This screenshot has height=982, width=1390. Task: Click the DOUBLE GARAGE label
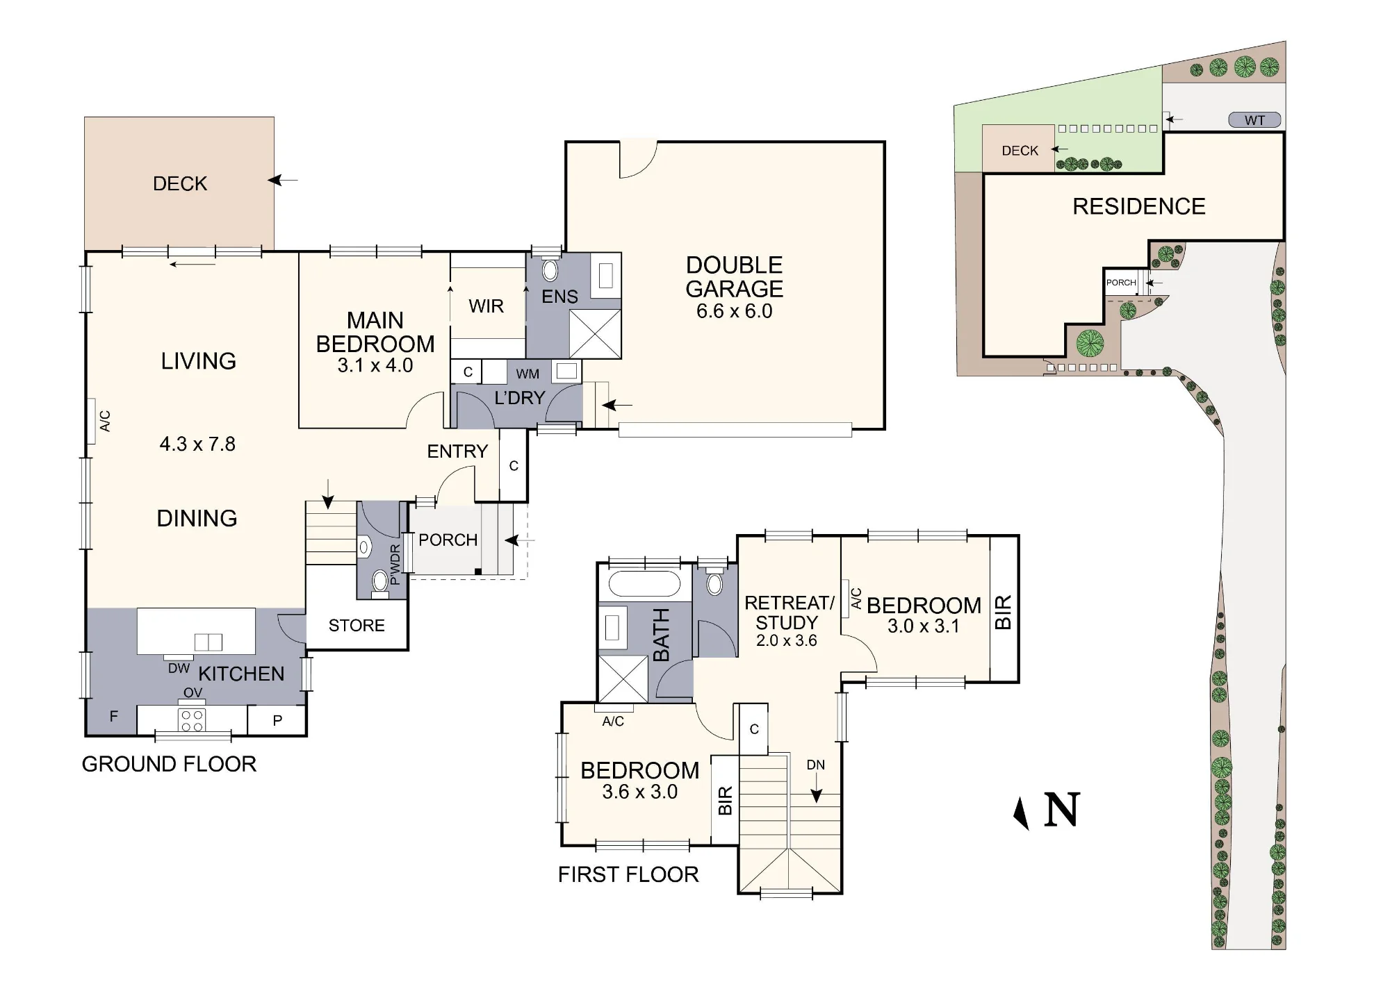735,276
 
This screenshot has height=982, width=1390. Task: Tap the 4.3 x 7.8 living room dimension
197,444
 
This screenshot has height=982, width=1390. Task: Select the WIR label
486,306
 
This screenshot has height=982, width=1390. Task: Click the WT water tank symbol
1254,120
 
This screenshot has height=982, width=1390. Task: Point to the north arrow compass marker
1021,813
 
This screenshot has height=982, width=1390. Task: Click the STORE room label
357,626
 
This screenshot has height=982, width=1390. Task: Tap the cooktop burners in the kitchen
192,720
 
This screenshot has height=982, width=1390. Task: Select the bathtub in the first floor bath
644,584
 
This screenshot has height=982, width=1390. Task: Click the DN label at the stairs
816,765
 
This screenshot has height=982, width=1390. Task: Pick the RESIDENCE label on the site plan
1139,206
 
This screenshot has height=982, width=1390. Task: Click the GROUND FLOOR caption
169,764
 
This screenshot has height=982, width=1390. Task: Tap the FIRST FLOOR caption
628,874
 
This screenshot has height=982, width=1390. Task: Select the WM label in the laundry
528,374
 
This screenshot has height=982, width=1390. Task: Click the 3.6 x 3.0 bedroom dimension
639,792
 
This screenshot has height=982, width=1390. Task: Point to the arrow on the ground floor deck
283,181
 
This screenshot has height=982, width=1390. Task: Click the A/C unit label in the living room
105,421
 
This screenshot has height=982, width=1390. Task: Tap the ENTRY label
457,451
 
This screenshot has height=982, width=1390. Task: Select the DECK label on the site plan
1020,151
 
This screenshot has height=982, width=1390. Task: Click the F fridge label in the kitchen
114,717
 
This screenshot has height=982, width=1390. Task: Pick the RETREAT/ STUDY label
789,613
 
